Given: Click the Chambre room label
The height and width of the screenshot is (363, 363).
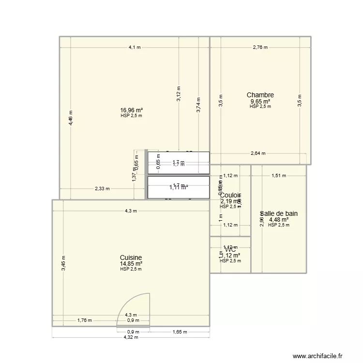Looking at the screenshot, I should [x=260, y=95].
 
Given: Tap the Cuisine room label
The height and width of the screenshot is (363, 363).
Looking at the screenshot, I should [x=131, y=258].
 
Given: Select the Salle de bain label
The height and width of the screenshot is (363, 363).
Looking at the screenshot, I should [x=279, y=213].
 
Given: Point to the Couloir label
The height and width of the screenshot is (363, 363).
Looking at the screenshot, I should [x=230, y=195].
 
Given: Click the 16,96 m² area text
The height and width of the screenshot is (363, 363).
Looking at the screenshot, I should [x=131, y=110].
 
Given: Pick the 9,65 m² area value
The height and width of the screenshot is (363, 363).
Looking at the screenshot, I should [x=260, y=102].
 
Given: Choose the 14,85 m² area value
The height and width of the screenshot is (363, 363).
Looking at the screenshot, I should [x=131, y=264].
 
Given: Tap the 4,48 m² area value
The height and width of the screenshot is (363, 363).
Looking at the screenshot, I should [x=279, y=219].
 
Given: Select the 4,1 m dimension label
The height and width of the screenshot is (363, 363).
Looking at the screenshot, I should [x=135, y=47].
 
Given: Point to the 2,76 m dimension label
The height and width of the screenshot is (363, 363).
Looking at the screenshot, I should [x=260, y=47].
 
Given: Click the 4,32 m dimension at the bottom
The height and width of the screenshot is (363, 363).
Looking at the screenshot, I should [x=131, y=337].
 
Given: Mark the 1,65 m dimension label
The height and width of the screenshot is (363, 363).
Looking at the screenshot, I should [x=180, y=332].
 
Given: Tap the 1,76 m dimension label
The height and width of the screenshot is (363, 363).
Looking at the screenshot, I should [x=84, y=320].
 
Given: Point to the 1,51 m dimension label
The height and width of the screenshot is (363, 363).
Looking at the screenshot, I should [x=279, y=176].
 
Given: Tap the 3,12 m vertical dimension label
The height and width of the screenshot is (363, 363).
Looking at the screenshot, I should [x=179, y=93].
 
